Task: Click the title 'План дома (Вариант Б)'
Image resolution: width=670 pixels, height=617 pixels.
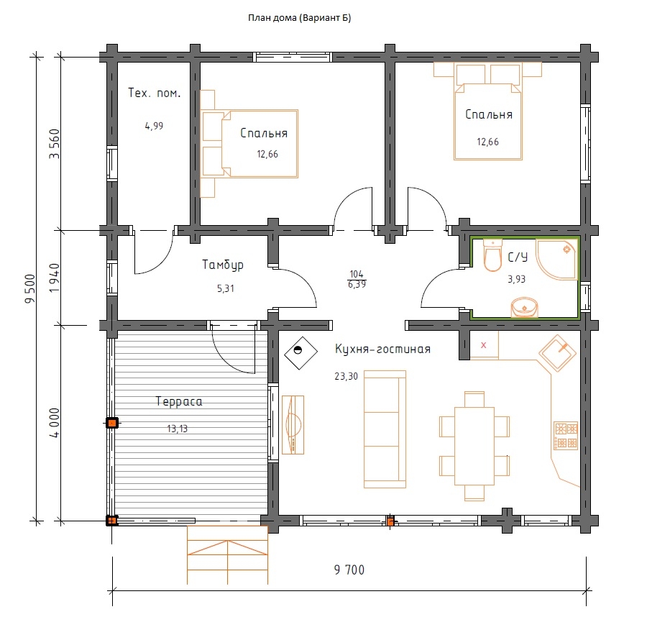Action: [x=300, y=18]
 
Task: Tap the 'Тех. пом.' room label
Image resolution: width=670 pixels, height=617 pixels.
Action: [x=155, y=93]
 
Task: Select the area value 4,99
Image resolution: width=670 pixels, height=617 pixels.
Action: [x=154, y=126]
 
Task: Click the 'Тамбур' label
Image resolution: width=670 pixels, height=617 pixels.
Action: [x=223, y=265]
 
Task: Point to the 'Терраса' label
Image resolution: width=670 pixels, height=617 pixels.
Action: [x=179, y=402]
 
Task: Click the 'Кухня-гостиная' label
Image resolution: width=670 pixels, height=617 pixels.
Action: [x=382, y=349]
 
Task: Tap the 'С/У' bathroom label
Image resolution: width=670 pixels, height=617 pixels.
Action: [x=518, y=257]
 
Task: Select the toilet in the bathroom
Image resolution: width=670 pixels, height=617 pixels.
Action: [x=492, y=255]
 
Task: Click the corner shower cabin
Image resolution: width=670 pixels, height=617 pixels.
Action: [x=557, y=260]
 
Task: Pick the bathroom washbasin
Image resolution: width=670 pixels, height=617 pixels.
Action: [x=524, y=308]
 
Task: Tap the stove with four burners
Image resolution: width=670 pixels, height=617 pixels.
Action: [x=566, y=435]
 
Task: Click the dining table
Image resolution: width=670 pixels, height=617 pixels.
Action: [x=474, y=446]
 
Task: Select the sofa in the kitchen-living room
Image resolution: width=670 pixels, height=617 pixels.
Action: [x=385, y=429]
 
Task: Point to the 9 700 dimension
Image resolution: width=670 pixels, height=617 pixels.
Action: [x=349, y=570]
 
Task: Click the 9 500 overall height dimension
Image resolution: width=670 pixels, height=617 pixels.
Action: [x=31, y=288]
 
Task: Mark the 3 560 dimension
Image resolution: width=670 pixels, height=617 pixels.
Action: [x=55, y=144]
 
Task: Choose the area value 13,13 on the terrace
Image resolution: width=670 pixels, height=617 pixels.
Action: [x=178, y=429]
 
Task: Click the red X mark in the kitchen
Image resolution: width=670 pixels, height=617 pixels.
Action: [x=484, y=345]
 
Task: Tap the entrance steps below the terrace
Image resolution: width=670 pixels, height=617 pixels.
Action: [x=227, y=554]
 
